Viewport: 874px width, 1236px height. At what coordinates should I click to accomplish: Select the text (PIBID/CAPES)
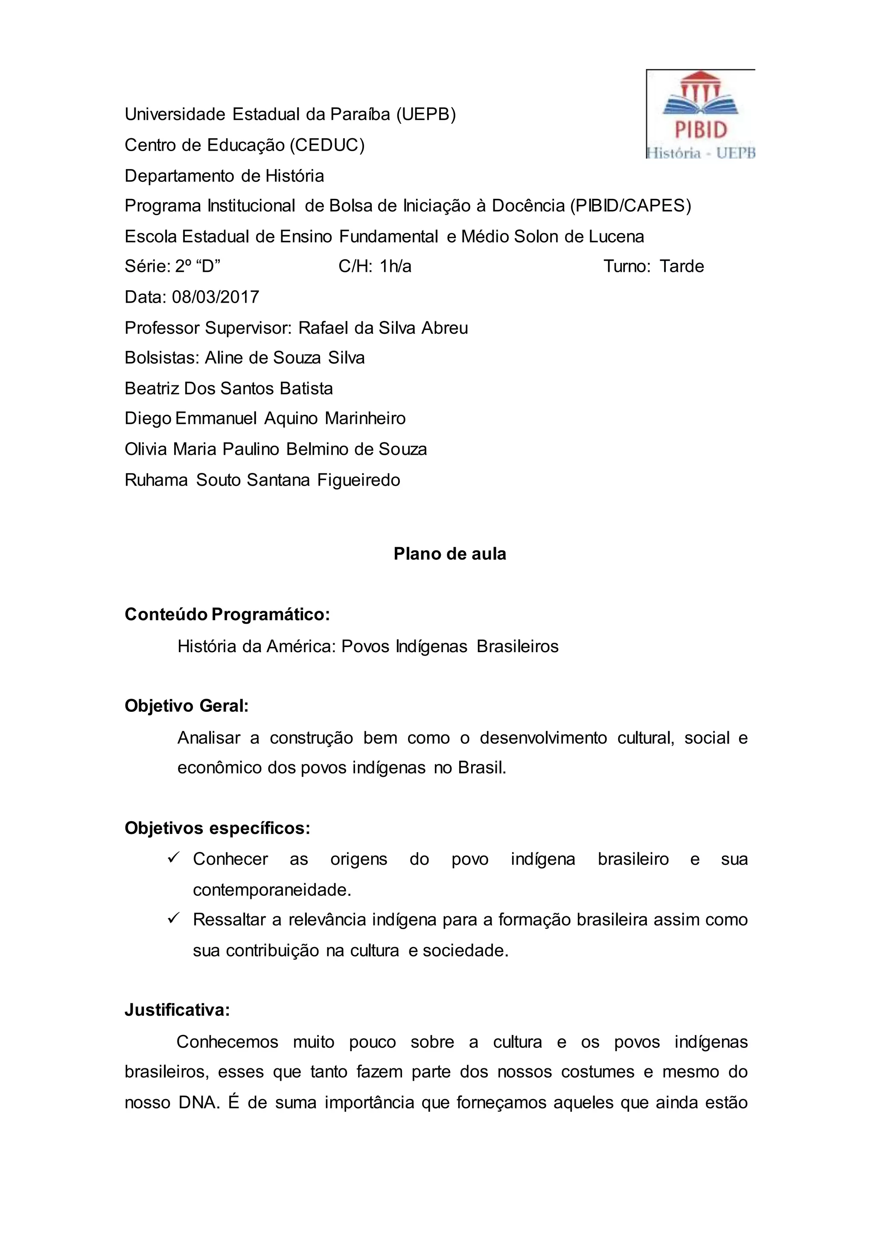click(x=630, y=206)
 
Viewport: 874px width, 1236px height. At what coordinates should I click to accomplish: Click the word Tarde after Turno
click(x=682, y=266)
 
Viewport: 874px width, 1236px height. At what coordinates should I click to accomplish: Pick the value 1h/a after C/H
click(x=396, y=266)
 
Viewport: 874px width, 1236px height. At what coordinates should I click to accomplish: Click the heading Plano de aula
click(x=450, y=554)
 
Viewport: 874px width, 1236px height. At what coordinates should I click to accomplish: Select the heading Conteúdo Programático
click(x=227, y=614)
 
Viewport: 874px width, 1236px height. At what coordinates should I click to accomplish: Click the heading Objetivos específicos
click(x=217, y=828)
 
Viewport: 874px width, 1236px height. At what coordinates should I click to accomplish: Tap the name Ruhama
click(x=157, y=480)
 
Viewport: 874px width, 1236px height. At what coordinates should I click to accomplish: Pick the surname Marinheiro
click(x=365, y=419)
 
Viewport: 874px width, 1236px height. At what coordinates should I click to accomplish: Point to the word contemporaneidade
click(x=272, y=890)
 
